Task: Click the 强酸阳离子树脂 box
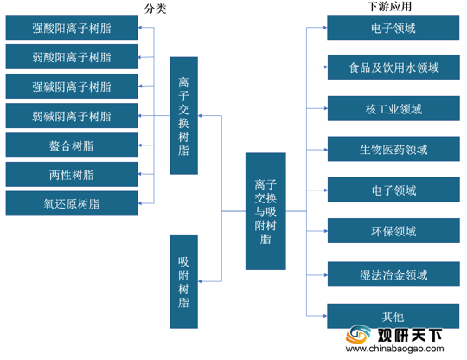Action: click(72, 28)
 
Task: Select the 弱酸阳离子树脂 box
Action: click(72, 56)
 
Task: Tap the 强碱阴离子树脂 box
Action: click(72, 87)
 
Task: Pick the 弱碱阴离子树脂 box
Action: click(72, 116)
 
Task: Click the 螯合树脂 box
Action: click(72, 145)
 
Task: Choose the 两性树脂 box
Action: click(72, 174)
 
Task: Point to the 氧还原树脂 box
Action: click(72, 203)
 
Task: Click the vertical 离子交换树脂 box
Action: click(183, 116)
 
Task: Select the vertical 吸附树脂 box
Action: click(183, 281)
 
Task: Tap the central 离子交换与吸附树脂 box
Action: click(265, 211)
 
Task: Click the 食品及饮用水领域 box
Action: click(393, 67)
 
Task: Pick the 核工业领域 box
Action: click(393, 108)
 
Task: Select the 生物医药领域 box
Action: click(393, 149)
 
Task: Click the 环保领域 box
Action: click(393, 231)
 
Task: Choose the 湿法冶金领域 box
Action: click(393, 274)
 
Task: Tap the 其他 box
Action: click(393, 316)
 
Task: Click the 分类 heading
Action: click(155, 9)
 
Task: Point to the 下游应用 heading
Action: click(389, 6)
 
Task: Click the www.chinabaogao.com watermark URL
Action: click(394, 349)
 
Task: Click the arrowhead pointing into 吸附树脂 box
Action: click(200, 281)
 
